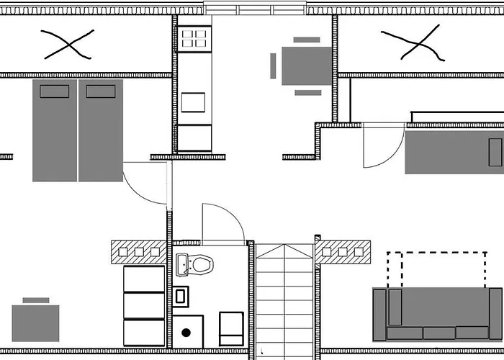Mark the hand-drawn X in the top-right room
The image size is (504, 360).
pos(411,43)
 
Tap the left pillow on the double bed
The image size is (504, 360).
pos(55,91)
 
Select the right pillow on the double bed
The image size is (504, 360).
pos(100,91)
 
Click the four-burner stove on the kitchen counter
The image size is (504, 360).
pos(194,37)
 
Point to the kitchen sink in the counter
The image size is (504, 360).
pos(194,102)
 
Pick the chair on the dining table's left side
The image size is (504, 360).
pos(273,66)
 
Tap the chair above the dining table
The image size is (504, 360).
pos(307,40)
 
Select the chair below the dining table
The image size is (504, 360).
pos(308,92)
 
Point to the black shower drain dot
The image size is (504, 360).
pos(186,332)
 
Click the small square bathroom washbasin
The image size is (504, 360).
pos(181,295)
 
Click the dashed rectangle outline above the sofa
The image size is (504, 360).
pos(436,268)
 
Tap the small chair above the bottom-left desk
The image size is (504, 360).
pos(36,300)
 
